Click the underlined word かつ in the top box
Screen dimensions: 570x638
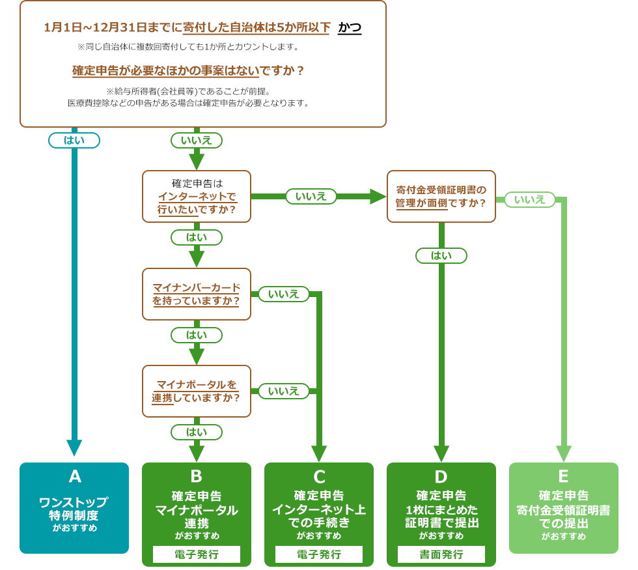(x=350, y=27)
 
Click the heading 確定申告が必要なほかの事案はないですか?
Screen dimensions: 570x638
(x=188, y=70)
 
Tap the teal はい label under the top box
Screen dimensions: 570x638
(x=74, y=140)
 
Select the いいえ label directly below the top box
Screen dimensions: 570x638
(x=196, y=140)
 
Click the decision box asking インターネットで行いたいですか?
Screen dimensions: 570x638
(x=196, y=197)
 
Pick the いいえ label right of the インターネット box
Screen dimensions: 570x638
(x=311, y=196)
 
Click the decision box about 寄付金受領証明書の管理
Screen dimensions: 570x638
(x=441, y=196)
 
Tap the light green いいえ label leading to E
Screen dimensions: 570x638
(x=530, y=199)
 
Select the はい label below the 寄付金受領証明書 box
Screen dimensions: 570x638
(x=441, y=256)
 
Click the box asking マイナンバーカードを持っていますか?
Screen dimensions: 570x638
(x=196, y=294)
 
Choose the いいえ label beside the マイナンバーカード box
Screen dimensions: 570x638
(x=284, y=294)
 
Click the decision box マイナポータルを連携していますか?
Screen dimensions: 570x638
(x=196, y=391)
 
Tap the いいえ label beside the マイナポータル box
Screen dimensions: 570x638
(x=284, y=391)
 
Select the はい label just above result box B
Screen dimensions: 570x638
(x=196, y=432)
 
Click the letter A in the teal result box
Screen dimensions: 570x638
(x=74, y=477)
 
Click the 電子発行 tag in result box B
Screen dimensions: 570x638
(x=196, y=554)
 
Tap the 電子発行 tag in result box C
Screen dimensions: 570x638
(x=318, y=554)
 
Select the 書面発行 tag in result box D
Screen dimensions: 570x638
(x=441, y=554)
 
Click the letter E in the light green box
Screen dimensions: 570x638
(x=563, y=476)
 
